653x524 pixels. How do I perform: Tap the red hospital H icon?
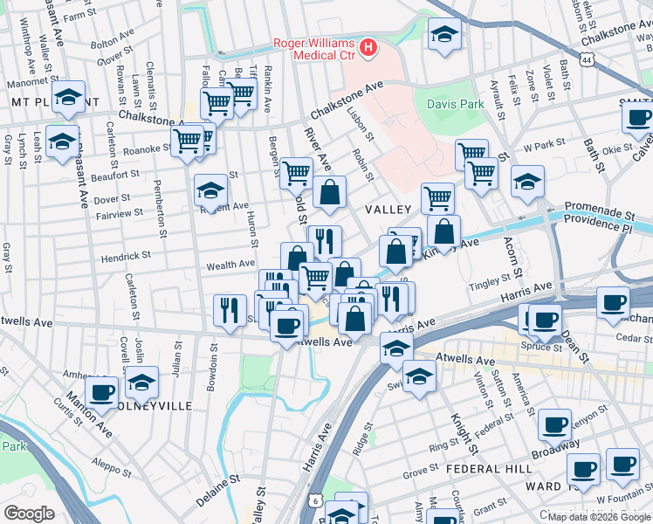[x=368, y=45]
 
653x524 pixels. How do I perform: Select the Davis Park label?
[x=455, y=104]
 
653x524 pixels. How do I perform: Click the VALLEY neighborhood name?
[x=388, y=210]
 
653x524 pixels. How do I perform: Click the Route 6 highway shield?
[x=313, y=500]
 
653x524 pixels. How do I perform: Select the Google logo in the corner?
[x=29, y=514]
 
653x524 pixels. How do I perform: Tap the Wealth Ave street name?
[x=230, y=264]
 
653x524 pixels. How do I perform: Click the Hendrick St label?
[x=127, y=258]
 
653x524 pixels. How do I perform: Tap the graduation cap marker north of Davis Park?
[x=445, y=36]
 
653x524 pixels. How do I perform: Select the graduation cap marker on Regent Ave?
[x=210, y=190]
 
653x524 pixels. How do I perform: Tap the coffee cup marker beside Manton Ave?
[x=101, y=393]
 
